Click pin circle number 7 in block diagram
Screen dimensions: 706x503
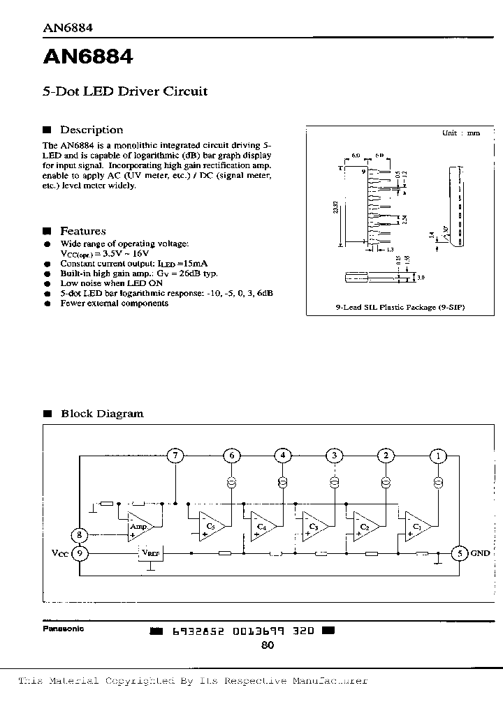[x=177, y=456]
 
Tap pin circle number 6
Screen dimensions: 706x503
[x=231, y=456]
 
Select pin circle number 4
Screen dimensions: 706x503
[x=282, y=456]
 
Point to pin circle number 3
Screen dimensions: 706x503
[x=335, y=456]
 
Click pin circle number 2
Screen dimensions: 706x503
[x=385, y=456]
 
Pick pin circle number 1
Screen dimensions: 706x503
[x=438, y=456]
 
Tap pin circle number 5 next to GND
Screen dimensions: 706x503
[x=458, y=554]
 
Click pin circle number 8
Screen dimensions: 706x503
[x=80, y=536]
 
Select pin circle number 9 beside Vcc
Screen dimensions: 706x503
[x=80, y=554]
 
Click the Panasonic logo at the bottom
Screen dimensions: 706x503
[x=63, y=629]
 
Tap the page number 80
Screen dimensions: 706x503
[x=268, y=646]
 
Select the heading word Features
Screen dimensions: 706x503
[x=83, y=231]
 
